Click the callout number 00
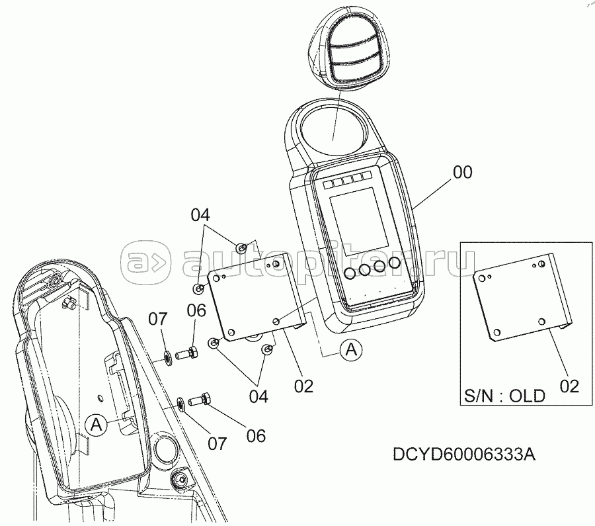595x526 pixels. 463,173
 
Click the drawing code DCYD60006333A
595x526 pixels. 464,454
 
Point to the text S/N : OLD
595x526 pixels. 504,396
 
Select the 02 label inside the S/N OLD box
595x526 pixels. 569,386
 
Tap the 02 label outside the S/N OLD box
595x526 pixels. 303,386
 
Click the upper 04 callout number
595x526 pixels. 200,215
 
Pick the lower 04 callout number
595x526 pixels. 258,396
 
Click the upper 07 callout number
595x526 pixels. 157,319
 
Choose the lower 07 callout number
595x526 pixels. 217,443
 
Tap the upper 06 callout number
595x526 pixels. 196,311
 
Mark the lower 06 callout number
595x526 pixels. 256,436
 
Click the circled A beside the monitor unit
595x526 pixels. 352,349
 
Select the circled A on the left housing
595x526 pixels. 97,424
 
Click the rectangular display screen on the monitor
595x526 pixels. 359,220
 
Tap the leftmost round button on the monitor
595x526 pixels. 350,273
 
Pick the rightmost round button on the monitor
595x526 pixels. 394,263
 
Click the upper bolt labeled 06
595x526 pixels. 187,354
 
